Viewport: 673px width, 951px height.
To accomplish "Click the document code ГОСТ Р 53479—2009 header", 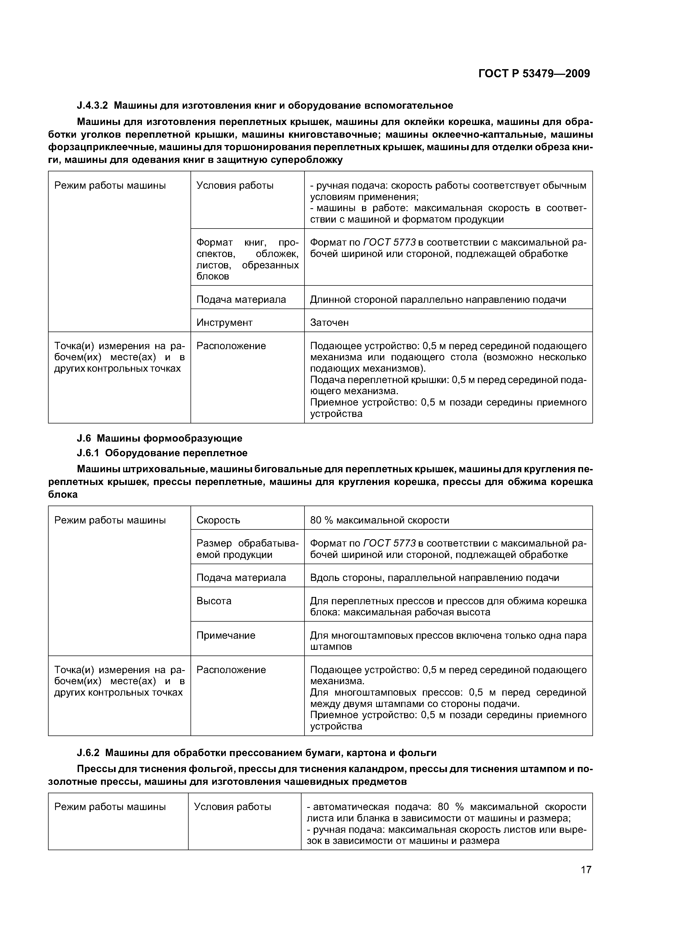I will pyautogui.click(x=534, y=74).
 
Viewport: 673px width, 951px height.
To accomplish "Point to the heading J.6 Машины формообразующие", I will pyautogui.click(x=159, y=438).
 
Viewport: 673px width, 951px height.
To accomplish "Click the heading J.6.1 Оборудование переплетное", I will pyautogui.click(x=162, y=453).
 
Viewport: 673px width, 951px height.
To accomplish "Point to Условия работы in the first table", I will pyautogui.click(x=235, y=185).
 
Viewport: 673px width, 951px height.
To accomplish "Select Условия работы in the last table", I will pyautogui.click(x=232, y=807).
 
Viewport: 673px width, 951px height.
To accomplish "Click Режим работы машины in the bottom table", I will pyautogui.click(x=110, y=807).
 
